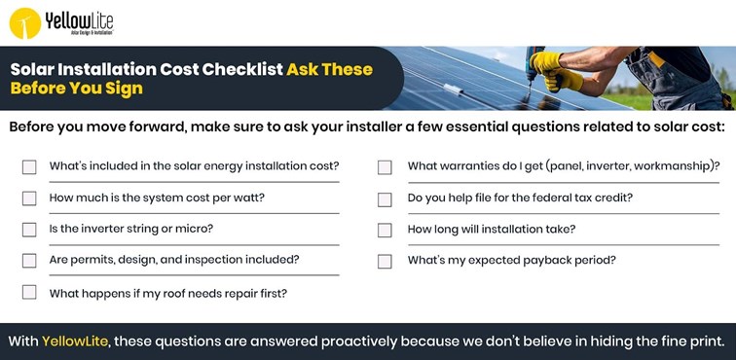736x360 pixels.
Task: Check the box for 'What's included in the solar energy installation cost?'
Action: pos(29,166)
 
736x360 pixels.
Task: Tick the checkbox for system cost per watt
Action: pos(29,198)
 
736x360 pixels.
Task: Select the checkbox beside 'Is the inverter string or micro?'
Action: pos(29,230)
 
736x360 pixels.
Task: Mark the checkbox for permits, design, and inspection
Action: pos(29,261)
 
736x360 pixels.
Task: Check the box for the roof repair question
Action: pos(29,292)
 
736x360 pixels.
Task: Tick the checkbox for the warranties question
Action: pos(385,166)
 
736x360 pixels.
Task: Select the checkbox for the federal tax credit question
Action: pos(385,198)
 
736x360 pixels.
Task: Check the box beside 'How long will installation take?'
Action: pos(385,230)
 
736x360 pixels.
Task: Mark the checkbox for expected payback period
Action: pos(385,261)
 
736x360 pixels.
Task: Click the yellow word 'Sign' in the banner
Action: pos(124,89)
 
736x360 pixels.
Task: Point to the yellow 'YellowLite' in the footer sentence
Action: pos(75,342)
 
